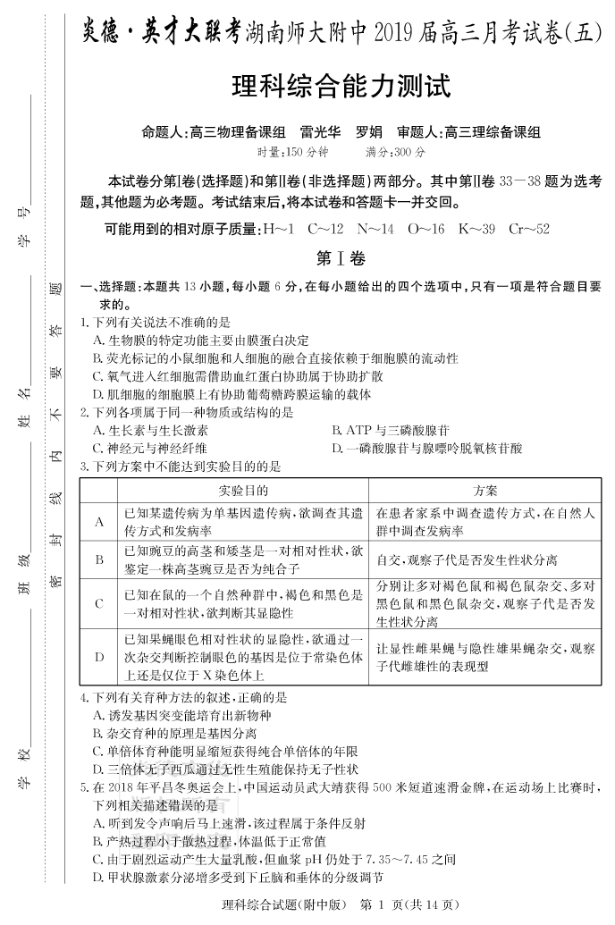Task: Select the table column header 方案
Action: pos(486,492)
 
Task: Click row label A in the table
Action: pos(99,522)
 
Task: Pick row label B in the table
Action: pos(99,559)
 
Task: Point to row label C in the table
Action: pos(99,603)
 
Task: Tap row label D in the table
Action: pos(99,657)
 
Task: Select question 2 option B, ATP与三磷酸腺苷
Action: pos(390,430)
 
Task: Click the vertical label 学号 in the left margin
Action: pos(26,228)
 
